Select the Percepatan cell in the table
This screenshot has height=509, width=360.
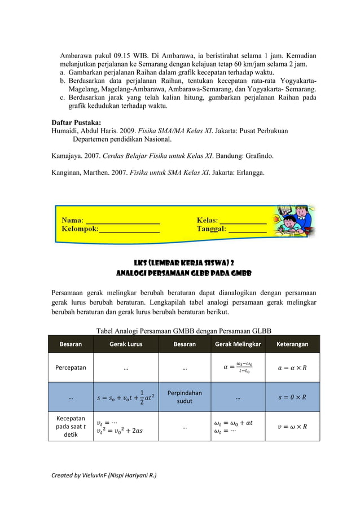(71, 368)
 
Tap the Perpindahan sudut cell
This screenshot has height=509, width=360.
(185, 397)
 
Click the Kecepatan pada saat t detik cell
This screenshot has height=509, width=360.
(71, 427)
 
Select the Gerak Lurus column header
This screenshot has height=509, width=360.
(125, 344)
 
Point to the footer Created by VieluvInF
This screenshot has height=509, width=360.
(104, 475)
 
